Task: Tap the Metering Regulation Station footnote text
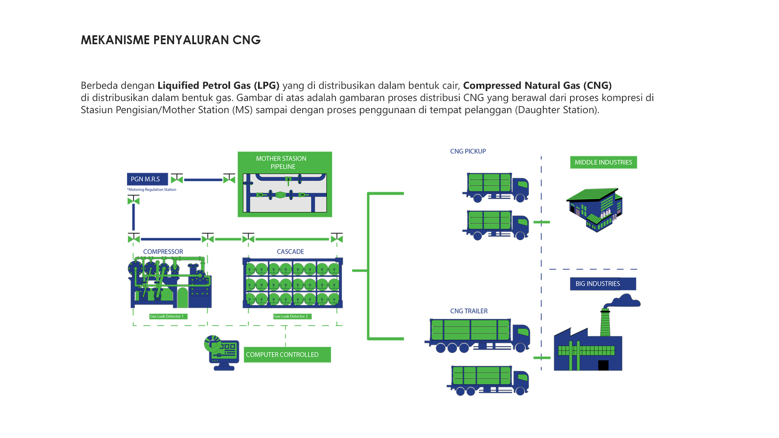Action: [152, 190]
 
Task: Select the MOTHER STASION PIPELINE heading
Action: [282, 163]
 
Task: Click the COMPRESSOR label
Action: [163, 252]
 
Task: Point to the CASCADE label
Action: [290, 252]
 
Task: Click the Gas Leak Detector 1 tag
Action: [168, 316]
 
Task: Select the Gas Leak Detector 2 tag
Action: [292, 316]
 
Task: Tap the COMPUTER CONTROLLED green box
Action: [287, 354]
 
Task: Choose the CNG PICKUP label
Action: [468, 151]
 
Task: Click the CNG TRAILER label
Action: [469, 311]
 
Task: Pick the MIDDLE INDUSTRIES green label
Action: [603, 162]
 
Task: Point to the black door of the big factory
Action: [603, 365]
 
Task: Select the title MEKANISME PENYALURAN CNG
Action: [170, 40]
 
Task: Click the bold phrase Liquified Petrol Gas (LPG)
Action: [218, 86]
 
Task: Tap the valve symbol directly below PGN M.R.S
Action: [133, 200]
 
